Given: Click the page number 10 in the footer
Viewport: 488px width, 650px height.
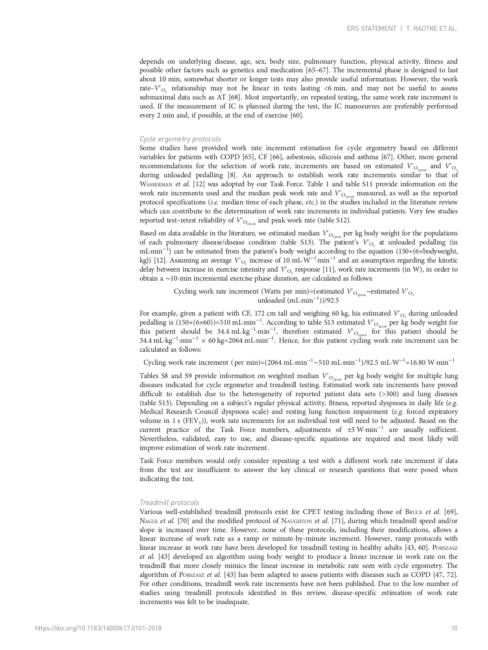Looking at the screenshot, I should coord(455,628).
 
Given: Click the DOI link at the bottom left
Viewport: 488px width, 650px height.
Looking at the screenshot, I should coord(98,628).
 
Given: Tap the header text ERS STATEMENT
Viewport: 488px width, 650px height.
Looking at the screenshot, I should coord(371,29).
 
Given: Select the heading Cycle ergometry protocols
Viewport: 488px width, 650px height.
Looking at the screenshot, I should coord(180,139).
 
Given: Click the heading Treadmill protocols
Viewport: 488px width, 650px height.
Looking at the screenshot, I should coord(169,503).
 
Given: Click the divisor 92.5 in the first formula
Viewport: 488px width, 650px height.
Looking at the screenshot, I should coord(332,301).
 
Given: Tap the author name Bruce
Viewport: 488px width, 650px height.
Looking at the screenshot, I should coord(416,512).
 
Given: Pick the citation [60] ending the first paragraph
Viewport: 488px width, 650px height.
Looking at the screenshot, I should coord(296,116).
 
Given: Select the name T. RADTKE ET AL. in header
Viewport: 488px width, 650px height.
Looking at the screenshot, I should coord(432,29).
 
